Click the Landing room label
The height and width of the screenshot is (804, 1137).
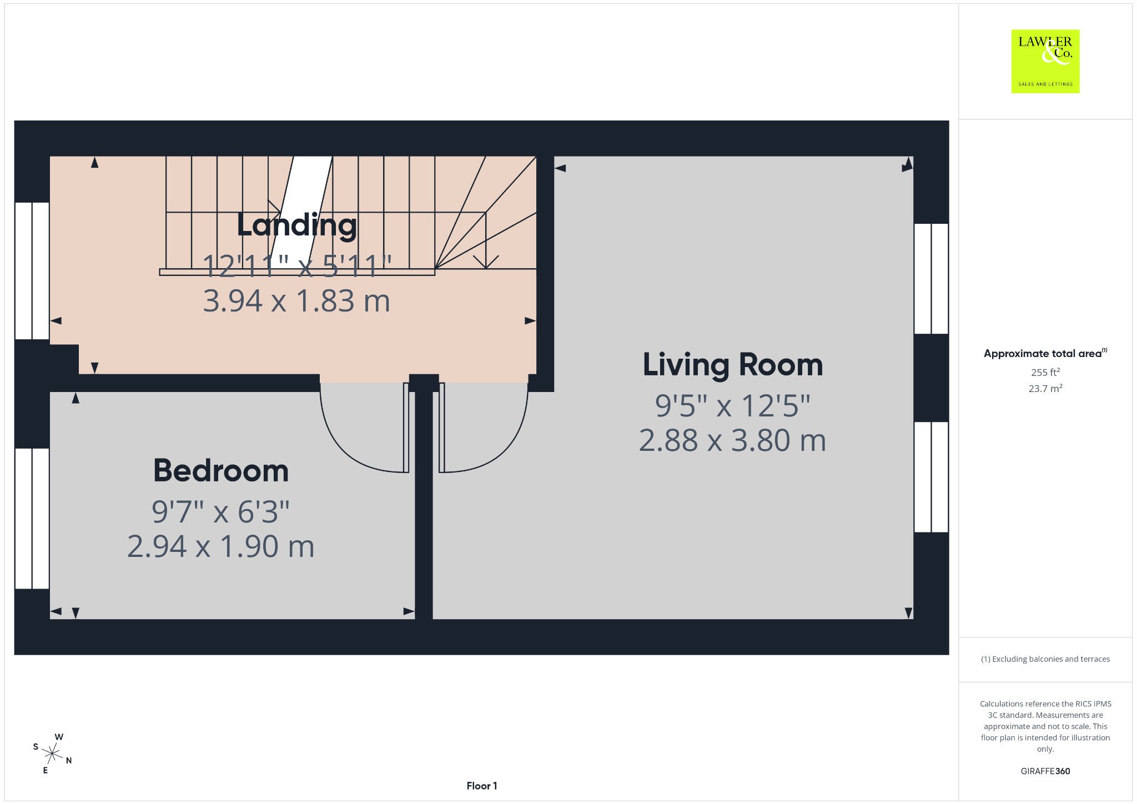click(x=296, y=225)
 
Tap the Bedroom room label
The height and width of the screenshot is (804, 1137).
click(x=221, y=471)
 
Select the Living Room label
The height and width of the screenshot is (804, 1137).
click(x=733, y=365)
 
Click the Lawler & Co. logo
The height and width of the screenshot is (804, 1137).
click(x=1045, y=61)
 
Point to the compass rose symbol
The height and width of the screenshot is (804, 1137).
click(x=52, y=753)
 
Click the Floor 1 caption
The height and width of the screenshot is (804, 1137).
click(x=482, y=786)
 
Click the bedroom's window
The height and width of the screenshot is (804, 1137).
click(x=32, y=518)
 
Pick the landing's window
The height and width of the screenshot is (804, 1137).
click(x=32, y=270)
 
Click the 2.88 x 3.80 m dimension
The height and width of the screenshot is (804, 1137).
click(x=733, y=440)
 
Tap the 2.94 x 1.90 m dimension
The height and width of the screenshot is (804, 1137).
click(x=221, y=546)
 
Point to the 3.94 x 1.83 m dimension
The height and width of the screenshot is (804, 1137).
click(x=296, y=301)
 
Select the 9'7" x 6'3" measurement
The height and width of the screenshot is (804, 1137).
click(x=221, y=511)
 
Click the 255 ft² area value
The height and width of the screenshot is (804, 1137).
click(x=1045, y=372)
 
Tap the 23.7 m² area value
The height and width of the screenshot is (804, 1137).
click(x=1045, y=388)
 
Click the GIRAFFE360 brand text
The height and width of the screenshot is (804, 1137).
click(x=1045, y=771)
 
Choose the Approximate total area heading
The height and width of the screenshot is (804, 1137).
click(x=1045, y=353)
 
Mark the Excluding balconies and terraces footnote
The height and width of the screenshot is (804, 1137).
click(x=1045, y=659)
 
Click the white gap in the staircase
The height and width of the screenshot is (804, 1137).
click(x=301, y=212)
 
